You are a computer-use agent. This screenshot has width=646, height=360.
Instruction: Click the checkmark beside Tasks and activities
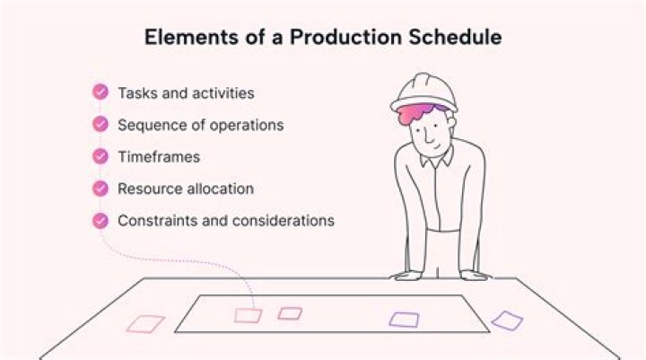point(100,92)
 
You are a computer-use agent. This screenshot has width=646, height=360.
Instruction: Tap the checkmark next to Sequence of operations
point(100,125)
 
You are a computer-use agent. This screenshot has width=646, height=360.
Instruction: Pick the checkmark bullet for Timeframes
point(100,156)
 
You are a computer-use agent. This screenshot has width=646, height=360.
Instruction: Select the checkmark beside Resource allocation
point(100,189)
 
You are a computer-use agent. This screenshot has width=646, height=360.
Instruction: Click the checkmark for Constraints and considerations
point(100,220)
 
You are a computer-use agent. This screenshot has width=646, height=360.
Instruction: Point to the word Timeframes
point(159,157)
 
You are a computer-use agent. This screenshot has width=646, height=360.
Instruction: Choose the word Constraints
point(155,220)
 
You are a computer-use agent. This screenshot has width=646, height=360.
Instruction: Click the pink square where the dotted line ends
point(248,315)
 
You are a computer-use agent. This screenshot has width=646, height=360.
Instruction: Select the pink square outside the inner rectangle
point(144,324)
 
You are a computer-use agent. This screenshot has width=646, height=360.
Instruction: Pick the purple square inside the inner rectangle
point(404,319)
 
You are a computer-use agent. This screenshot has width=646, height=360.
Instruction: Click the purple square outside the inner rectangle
point(507,320)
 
